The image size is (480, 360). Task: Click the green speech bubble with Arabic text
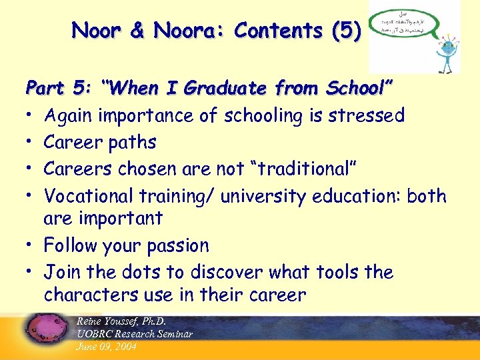[401, 27]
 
